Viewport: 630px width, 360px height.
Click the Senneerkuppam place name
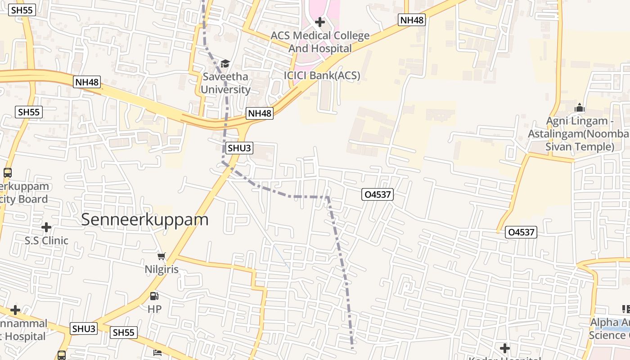145,220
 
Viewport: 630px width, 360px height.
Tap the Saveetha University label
225,83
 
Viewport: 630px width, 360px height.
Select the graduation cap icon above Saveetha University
225,64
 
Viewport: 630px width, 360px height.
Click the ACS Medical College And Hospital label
320,42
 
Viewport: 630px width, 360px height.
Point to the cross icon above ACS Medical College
319,22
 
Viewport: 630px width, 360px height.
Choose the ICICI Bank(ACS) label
322,76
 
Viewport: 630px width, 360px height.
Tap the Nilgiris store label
162,270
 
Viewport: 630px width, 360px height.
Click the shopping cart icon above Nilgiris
161,256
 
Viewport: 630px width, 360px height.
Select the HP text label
154,309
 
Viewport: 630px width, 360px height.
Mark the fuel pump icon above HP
154,296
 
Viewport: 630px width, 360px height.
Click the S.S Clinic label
46,241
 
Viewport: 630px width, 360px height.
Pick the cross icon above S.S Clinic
46,227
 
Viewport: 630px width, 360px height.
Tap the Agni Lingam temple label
578,134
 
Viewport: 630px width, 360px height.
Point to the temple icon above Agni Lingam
580,108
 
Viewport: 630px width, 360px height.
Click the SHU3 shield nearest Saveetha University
239,148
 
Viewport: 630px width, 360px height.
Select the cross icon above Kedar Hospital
505,348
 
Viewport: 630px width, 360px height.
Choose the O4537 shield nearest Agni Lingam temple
522,232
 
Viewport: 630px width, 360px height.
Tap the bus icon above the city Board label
8,172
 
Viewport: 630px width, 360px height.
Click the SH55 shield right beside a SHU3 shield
123,333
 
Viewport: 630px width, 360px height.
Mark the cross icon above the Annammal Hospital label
15,310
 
